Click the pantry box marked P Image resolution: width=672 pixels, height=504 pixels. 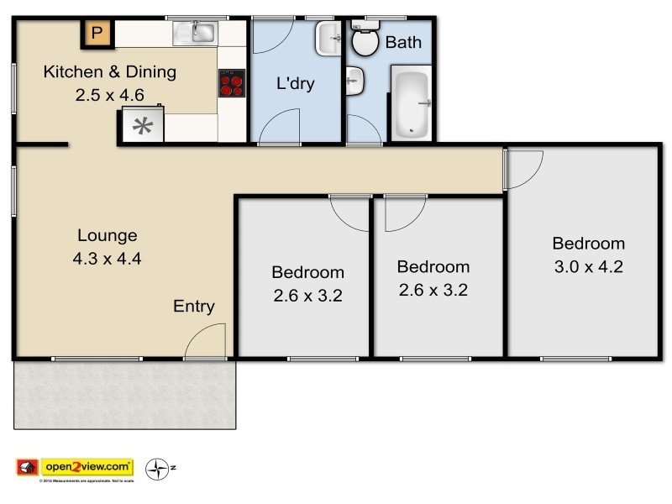pyautogui.click(x=97, y=34)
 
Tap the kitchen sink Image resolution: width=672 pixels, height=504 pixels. pyautogui.click(x=196, y=33)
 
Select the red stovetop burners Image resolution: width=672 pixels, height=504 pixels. pyautogui.click(x=231, y=83)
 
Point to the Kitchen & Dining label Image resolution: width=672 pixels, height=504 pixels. pyautogui.click(x=110, y=71)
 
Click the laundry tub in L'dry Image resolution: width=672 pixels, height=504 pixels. pyautogui.click(x=328, y=38)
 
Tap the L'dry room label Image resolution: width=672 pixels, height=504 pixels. pyautogui.click(x=296, y=84)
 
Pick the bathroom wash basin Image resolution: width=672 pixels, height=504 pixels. pyautogui.click(x=354, y=82)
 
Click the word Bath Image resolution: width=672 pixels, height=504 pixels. pyautogui.click(x=403, y=42)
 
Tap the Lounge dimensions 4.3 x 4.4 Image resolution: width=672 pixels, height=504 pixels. pyautogui.click(x=108, y=259)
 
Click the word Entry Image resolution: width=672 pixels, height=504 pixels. pyautogui.click(x=194, y=306)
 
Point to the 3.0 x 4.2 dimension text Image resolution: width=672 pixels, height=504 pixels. pyautogui.click(x=588, y=268)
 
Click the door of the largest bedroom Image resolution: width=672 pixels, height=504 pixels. pyautogui.click(x=522, y=168)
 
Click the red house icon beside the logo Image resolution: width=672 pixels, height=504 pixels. pyautogui.click(x=28, y=466)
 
